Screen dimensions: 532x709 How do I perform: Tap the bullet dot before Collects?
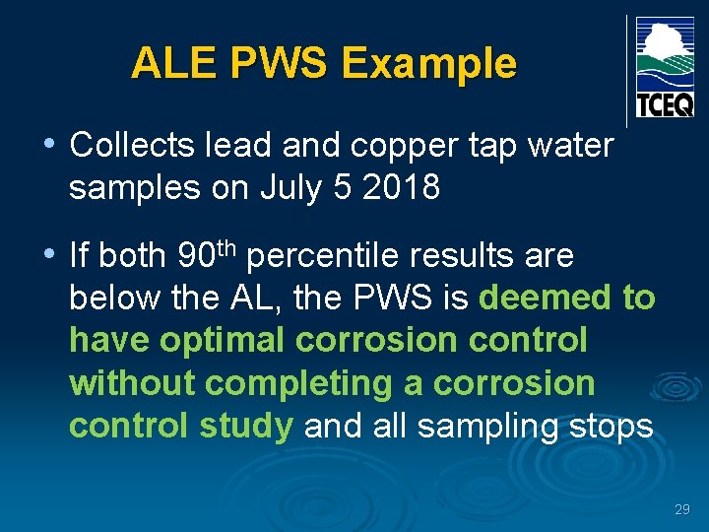(49, 145)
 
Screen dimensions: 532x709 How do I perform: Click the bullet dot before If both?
(49, 255)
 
